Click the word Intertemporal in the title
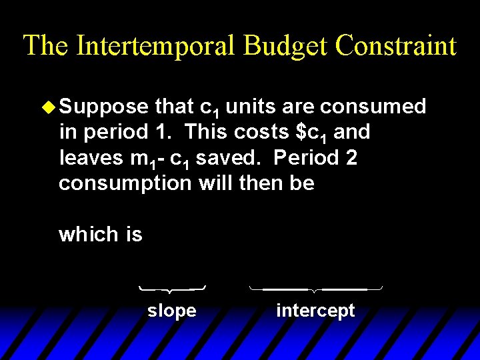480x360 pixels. [x=155, y=45]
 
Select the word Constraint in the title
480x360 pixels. [x=397, y=45]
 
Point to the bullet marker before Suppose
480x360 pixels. [x=48, y=107]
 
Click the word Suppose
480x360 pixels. [x=103, y=107]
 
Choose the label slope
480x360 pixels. [x=171, y=311]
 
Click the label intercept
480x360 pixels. [x=315, y=311]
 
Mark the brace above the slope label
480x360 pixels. [x=172, y=289]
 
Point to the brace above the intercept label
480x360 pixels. [x=315, y=289]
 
